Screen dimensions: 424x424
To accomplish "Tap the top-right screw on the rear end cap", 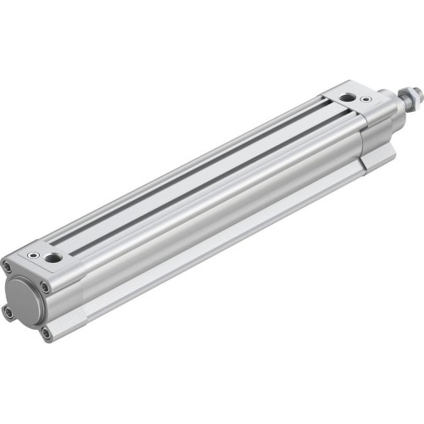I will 45,287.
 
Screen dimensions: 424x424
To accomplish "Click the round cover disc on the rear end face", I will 24,299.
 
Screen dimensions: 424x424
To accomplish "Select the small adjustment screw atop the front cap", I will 365,99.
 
